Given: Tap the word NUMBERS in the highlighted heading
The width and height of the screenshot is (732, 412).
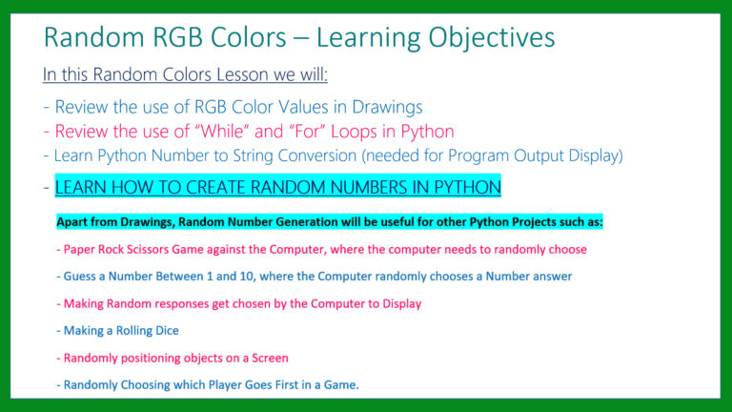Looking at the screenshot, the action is pyautogui.click(x=365, y=187).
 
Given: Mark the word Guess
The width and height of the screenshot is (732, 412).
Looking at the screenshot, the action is pyautogui.click(x=79, y=277).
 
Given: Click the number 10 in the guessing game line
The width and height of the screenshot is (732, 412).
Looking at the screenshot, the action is pyautogui.click(x=247, y=277).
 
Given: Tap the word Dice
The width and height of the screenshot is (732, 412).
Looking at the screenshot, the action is pyautogui.click(x=167, y=331).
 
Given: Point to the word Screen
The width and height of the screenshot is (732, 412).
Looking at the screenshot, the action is pyautogui.click(x=270, y=358).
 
